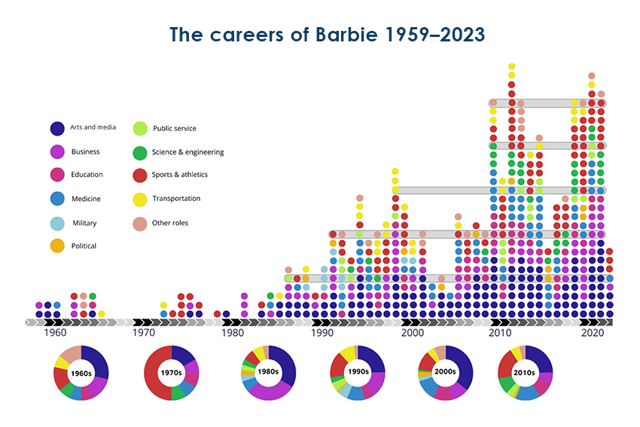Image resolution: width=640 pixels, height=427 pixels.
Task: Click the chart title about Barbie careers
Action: click(x=327, y=35)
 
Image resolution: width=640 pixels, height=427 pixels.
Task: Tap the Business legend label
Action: click(x=85, y=151)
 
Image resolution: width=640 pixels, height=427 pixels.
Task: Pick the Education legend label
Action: click(x=87, y=175)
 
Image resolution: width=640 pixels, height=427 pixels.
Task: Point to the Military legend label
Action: click(x=84, y=223)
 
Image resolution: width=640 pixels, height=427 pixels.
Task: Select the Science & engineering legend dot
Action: click(x=140, y=153)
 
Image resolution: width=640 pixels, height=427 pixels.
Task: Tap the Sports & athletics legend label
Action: click(x=180, y=175)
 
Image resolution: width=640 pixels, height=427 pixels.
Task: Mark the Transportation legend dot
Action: click(x=140, y=199)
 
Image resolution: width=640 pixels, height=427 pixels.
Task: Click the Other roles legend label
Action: click(x=169, y=222)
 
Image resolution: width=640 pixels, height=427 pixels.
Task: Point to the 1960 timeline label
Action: click(x=54, y=332)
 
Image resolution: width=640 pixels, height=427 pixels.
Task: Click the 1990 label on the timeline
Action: click(x=322, y=332)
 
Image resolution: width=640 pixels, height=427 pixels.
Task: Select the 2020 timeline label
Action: click(x=591, y=332)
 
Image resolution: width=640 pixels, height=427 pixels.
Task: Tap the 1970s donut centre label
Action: click(x=172, y=371)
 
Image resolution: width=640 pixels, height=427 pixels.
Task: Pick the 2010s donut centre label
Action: click(x=526, y=371)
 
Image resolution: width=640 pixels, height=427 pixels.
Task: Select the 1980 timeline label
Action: click(x=233, y=332)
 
